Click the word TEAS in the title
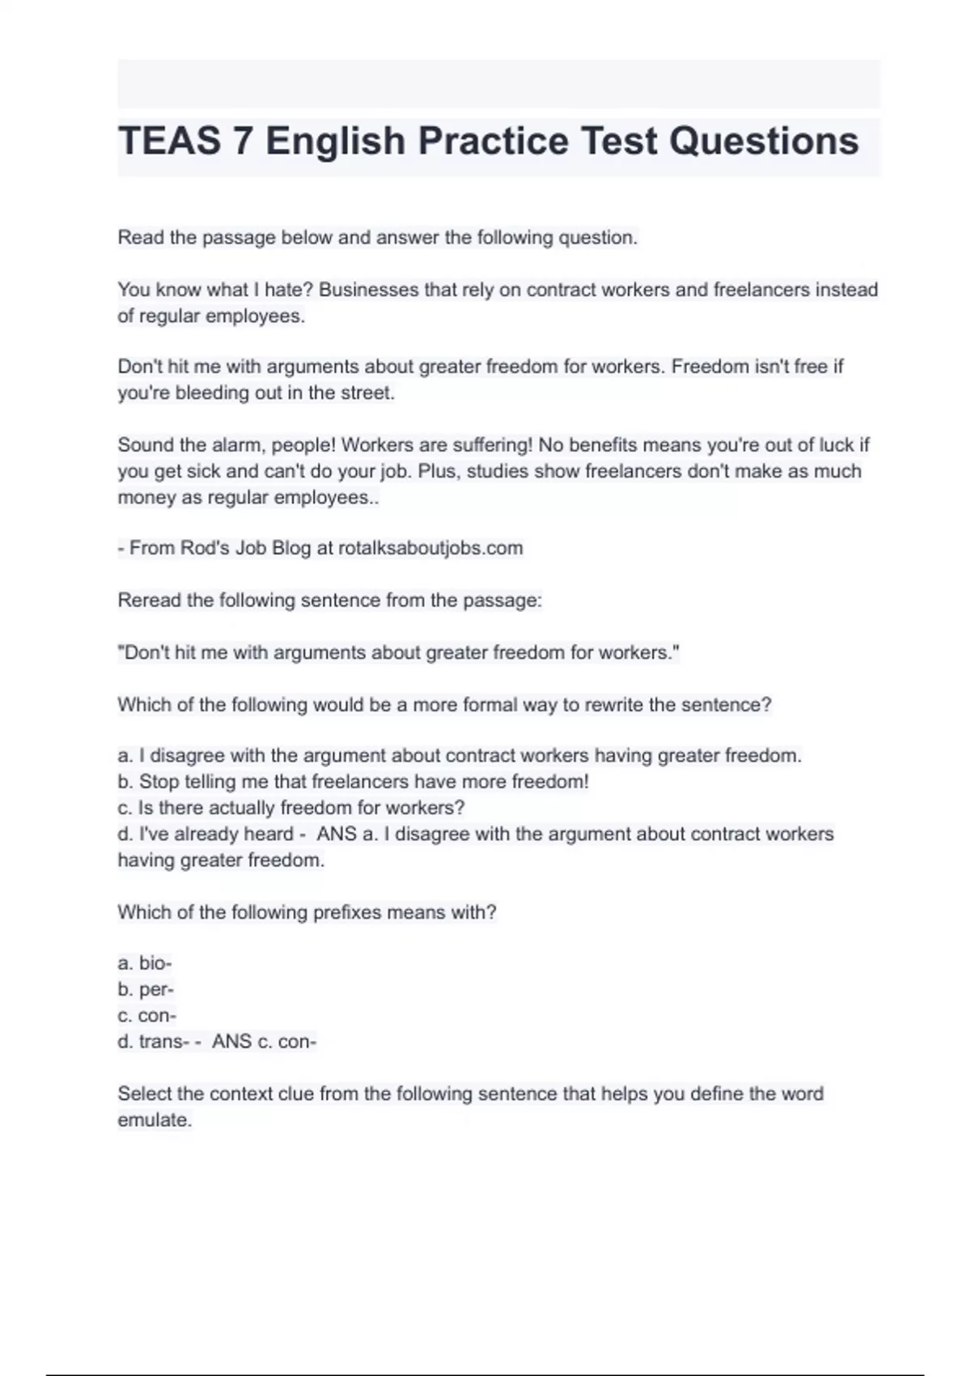[169, 142]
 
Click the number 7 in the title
[243, 142]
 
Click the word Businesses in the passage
[367, 290]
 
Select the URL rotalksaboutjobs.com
[430, 548]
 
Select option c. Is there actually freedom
[291, 808]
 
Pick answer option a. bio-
[145, 963]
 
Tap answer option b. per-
[146, 989]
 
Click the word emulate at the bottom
[154, 1120]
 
